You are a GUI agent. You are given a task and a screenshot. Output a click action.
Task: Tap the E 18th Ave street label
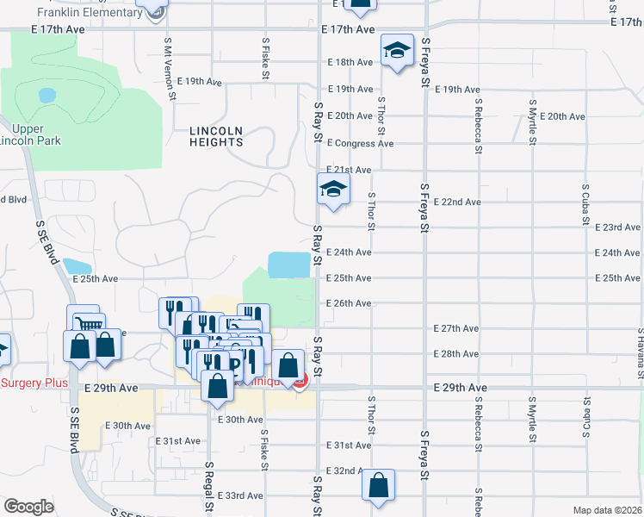click(x=350, y=62)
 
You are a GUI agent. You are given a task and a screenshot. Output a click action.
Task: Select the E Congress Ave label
click(x=360, y=143)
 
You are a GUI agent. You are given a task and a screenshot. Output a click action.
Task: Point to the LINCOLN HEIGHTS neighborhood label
click(x=217, y=136)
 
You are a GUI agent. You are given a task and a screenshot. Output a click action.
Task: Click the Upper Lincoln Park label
click(x=32, y=134)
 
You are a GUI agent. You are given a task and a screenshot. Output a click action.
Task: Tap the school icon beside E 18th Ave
click(x=397, y=51)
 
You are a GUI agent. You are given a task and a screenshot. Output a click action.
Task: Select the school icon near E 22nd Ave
click(x=333, y=190)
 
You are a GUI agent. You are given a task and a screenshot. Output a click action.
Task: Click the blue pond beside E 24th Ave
click(x=289, y=265)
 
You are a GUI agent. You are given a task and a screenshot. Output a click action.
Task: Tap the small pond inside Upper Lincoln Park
click(x=47, y=95)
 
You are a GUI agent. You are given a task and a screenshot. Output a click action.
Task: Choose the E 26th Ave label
click(x=349, y=303)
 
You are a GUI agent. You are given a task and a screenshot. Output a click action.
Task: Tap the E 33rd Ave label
click(x=241, y=495)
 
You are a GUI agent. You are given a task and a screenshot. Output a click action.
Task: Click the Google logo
click(x=29, y=507)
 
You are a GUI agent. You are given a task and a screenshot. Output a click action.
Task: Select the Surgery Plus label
click(x=33, y=383)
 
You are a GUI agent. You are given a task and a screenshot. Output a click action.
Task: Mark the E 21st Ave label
click(x=349, y=171)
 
